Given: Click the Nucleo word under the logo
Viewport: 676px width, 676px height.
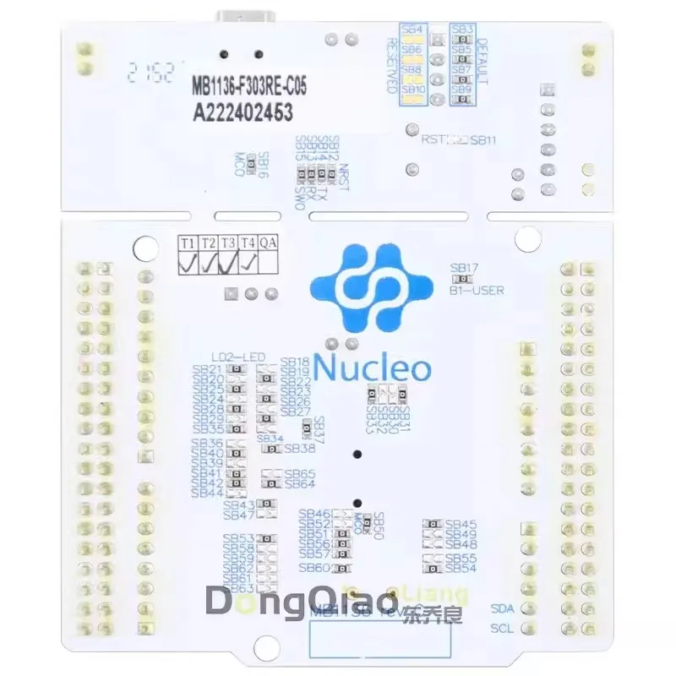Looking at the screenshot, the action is [373, 368].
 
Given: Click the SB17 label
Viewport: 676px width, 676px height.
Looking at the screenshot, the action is [466, 267].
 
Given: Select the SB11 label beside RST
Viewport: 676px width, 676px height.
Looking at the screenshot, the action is [484, 140].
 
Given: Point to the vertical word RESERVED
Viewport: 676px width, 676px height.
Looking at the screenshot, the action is [391, 63].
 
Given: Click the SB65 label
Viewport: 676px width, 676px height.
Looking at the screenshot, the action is [300, 473].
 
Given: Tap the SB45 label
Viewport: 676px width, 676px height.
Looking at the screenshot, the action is [461, 524].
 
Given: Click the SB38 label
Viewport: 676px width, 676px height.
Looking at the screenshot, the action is [300, 448].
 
